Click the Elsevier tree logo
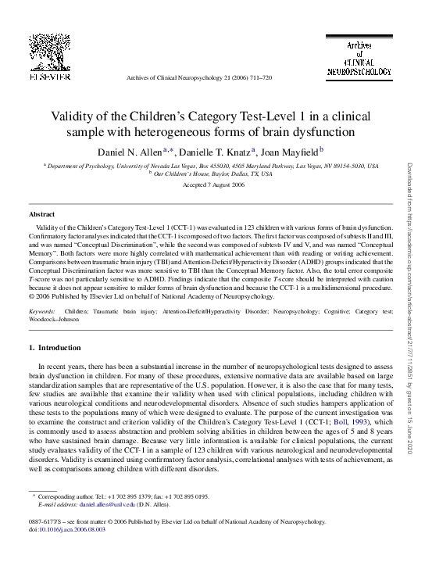point(52,48)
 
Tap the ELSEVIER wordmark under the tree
point(52,75)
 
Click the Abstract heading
point(41,213)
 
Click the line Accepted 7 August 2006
point(212,184)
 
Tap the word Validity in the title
point(73,116)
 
